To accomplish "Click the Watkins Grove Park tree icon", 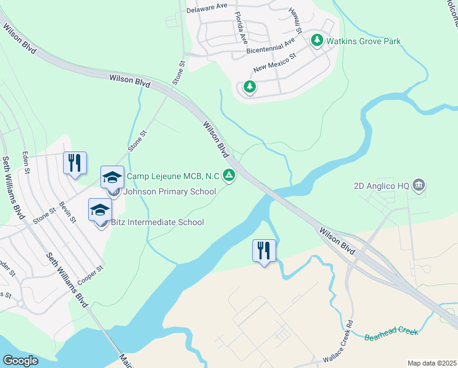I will tap(317, 41).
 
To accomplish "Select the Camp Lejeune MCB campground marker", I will tap(228, 176).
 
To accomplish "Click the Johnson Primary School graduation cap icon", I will tap(113, 178).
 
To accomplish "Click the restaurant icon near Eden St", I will tap(75, 163).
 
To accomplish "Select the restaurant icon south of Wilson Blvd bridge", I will tap(265, 250).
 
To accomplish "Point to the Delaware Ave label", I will tap(206, 6).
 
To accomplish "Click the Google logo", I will tap(20, 360).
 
